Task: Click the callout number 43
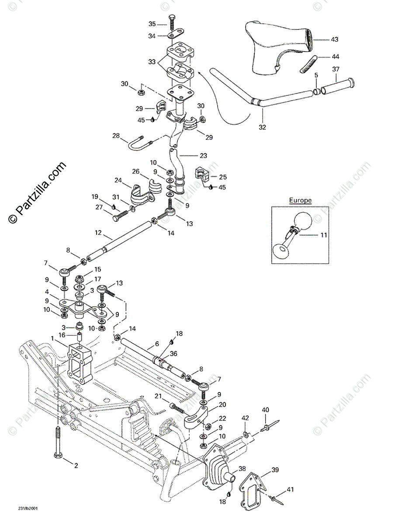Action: point(334,40)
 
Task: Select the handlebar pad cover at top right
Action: point(275,46)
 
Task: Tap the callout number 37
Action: point(336,69)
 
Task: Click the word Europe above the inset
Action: point(300,200)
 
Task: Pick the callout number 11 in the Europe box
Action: point(324,235)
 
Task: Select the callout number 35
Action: point(152,24)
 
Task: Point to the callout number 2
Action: point(76,465)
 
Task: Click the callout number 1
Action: point(52,338)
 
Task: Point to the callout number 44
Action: point(335,57)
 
